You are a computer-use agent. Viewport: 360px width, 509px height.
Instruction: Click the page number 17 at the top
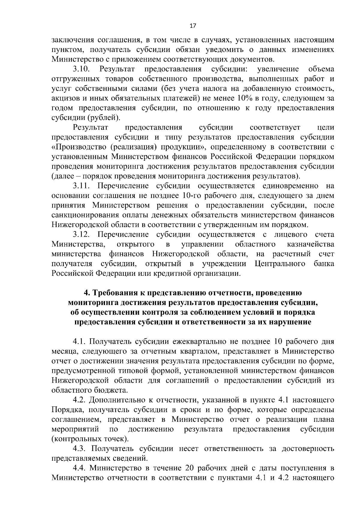pos(193,26)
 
